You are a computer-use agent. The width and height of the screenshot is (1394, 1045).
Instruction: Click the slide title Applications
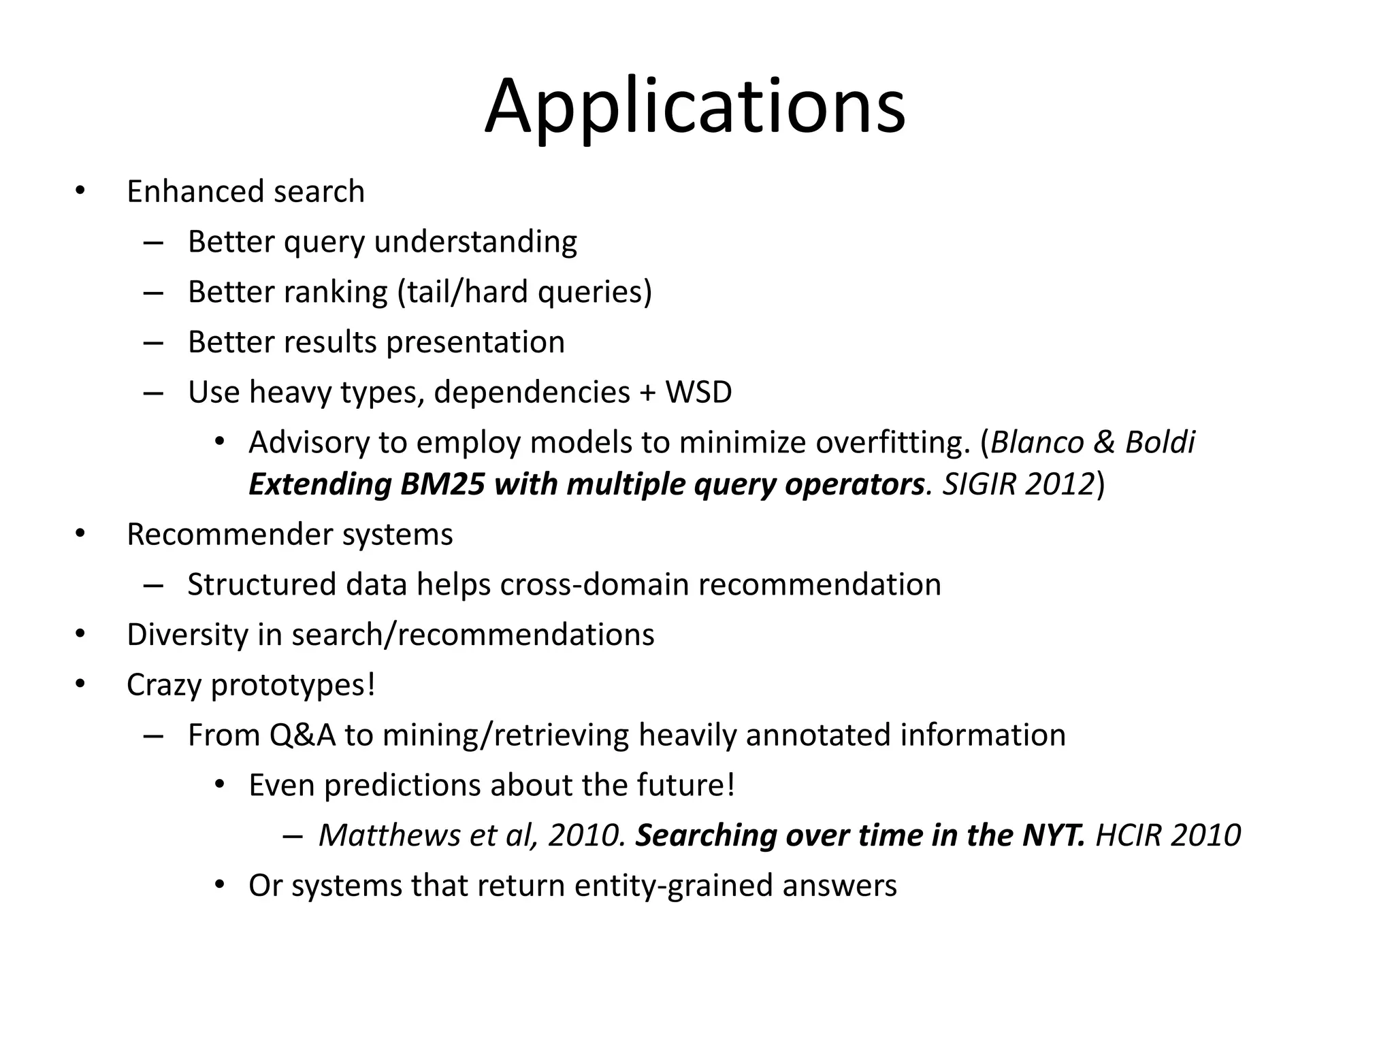coord(695,107)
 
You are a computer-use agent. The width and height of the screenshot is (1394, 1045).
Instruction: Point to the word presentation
coord(475,342)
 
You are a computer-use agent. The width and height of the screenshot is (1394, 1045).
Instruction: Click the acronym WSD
coord(698,392)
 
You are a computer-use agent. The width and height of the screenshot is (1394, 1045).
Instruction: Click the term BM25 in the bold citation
coord(442,484)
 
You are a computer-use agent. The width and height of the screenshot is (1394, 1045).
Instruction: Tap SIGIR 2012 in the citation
coord(1018,484)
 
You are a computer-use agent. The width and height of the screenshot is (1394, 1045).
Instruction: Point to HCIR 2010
coord(1168,835)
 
